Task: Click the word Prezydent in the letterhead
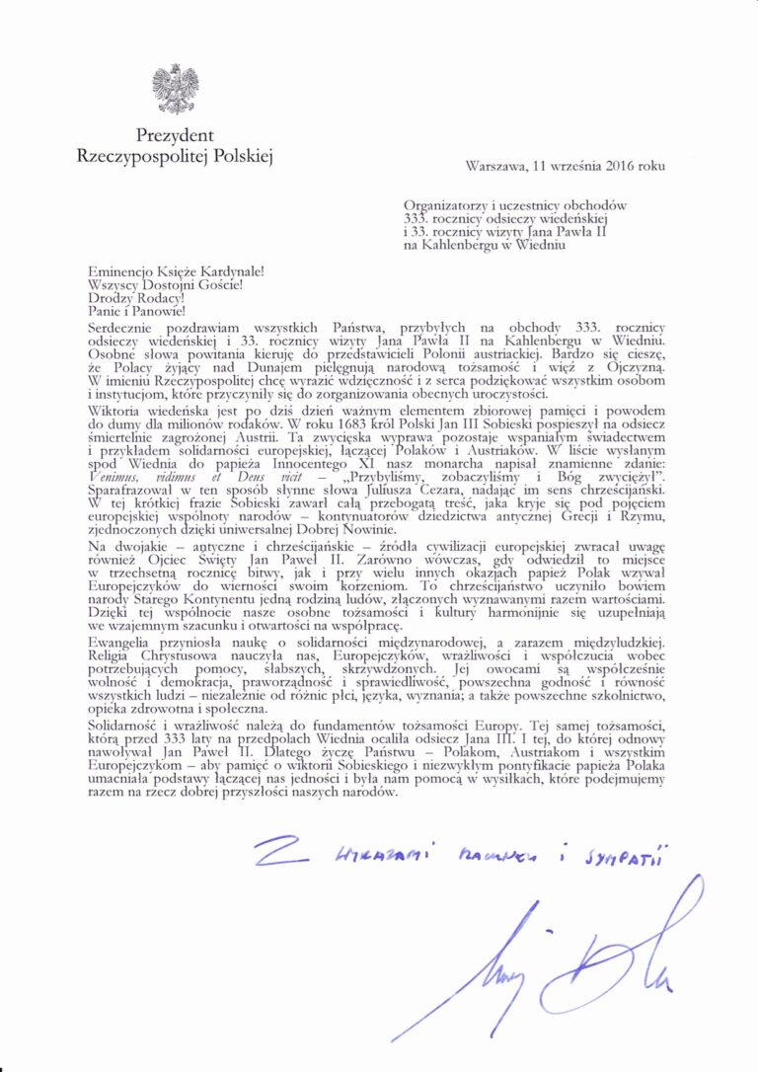[x=175, y=135]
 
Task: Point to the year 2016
[x=621, y=166]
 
